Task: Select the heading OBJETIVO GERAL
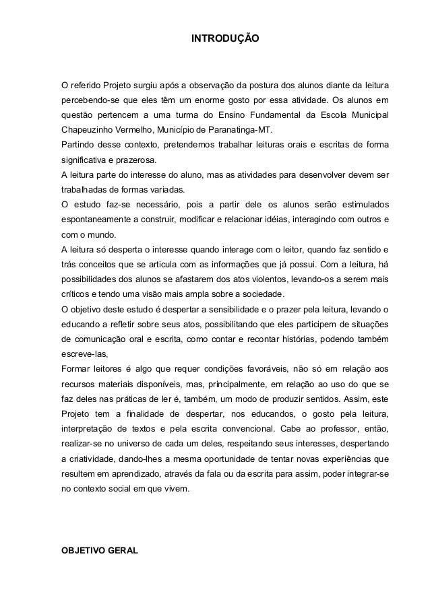[x=100, y=550]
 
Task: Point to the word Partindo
[x=78, y=145]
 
